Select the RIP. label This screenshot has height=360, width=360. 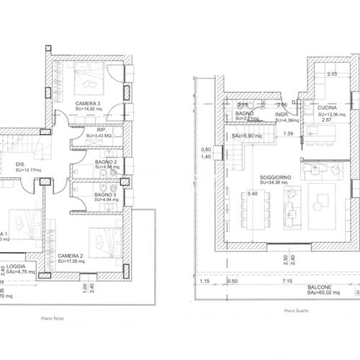(91, 130)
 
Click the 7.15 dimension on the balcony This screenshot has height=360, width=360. (287, 281)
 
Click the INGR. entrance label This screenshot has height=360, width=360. (282, 114)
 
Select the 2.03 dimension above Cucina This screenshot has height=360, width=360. (332, 74)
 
